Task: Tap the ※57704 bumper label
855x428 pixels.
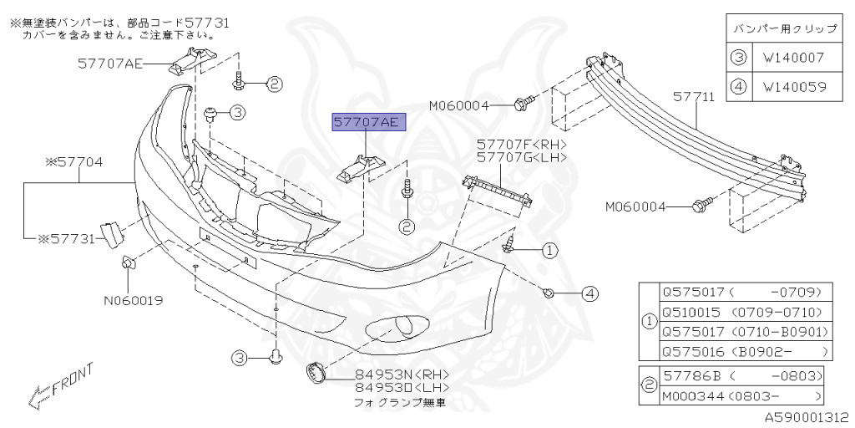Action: [73, 161]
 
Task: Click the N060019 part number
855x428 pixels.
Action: [133, 299]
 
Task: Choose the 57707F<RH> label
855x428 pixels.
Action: [522, 144]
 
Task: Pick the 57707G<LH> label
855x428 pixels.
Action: [522, 156]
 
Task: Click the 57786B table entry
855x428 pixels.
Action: [741, 375]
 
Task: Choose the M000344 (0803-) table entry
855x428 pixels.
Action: [741, 395]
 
